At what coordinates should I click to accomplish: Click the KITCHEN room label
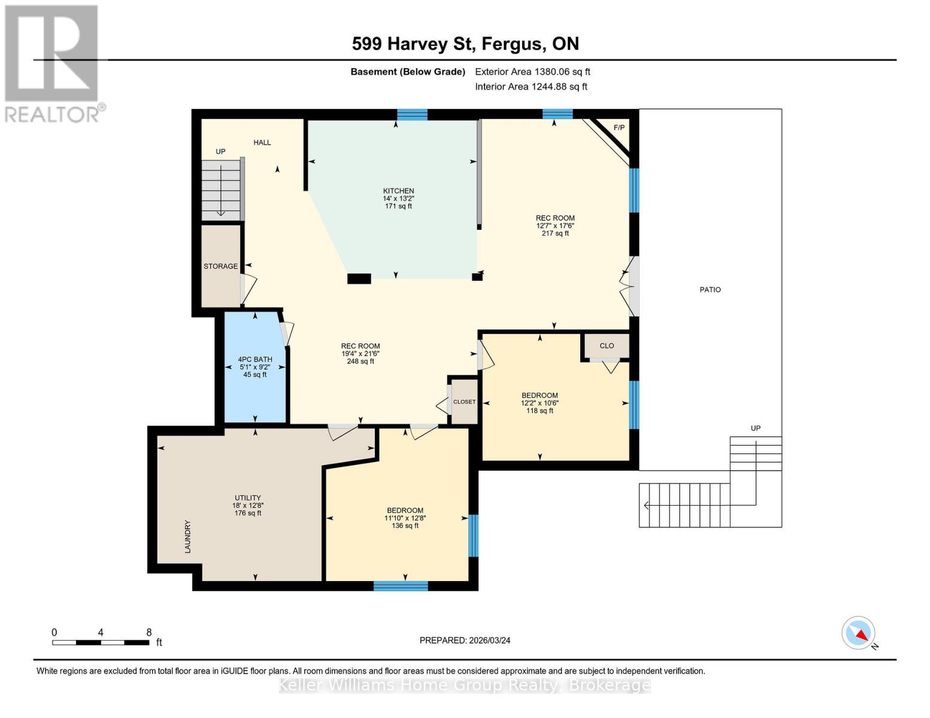pyautogui.click(x=398, y=191)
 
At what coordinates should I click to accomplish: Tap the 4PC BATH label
pyautogui.click(x=255, y=360)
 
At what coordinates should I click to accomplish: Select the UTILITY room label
pyautogui.click(x=247, y=498)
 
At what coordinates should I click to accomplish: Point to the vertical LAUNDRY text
pyautogui.click(x=187, y=536)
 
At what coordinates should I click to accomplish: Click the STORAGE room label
pyautogui.click(x=220, y=266)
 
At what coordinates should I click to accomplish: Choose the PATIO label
pyautogui.click(x=710, y=290)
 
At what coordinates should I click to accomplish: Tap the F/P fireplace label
pyautogui.click(x=619, y=128)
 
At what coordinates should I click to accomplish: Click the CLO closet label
pyautogui.click(x=607, y=346)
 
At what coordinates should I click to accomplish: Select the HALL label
pyautogui.click(x=262, y=142)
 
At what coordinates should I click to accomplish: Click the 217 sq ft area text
pyautogui.click(x=555, y=233)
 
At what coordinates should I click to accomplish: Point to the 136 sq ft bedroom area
pyautogui.click(x=405, y=526)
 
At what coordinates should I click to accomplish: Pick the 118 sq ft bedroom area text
pyautogui.click(x=540, y=411)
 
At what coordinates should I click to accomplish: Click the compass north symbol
pyautogui.click(x=859, y=633)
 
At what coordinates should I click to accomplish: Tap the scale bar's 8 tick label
pyautogui.click(x=149, y=632)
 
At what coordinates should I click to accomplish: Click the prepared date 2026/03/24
pyautogui.click(x=465, y=640)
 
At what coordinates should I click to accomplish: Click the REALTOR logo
pyautogui.click(x=53, y=63)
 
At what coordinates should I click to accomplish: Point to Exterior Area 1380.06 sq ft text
pyautogui.click(x=532, y=72)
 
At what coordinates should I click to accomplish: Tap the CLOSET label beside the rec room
pyautogui.click(x=464, y=402)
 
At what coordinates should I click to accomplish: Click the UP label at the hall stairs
pyautogui.click(x=220, y=151)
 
